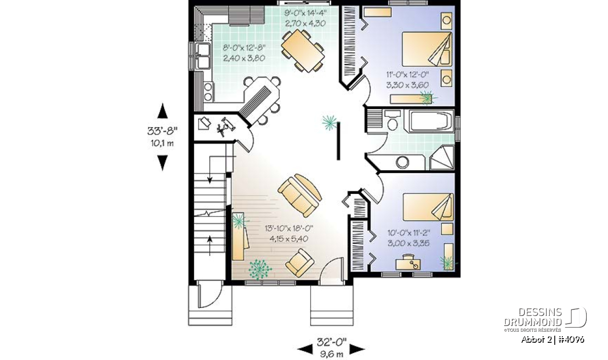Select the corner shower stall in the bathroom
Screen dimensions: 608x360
pos(442,158)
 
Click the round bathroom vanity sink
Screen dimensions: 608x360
pos(402,162)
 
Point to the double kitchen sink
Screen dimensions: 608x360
pos(203,56)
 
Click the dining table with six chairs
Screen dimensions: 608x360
pos(302,51)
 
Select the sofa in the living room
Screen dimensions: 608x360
pos(299,195)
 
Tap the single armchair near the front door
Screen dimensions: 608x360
pos(299,263)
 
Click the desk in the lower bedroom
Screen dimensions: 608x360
pos(408,264)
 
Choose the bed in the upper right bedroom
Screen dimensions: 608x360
pos(427,49)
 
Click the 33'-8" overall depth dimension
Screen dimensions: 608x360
pos(162,131)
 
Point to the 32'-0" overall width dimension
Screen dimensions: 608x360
pos(332,342)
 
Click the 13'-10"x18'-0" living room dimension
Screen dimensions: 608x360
pos(289,228)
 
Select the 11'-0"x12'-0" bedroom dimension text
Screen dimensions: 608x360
pos(408,74)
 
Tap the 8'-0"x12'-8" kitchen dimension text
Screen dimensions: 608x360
pos(244,48)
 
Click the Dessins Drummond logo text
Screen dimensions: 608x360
pos(533,317)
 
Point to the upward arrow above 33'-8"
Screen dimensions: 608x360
pos(162,111)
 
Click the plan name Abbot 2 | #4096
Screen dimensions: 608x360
pos(553,340)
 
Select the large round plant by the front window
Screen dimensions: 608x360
pos(260,270)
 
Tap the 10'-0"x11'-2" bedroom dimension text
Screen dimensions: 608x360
pos(409,233)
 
